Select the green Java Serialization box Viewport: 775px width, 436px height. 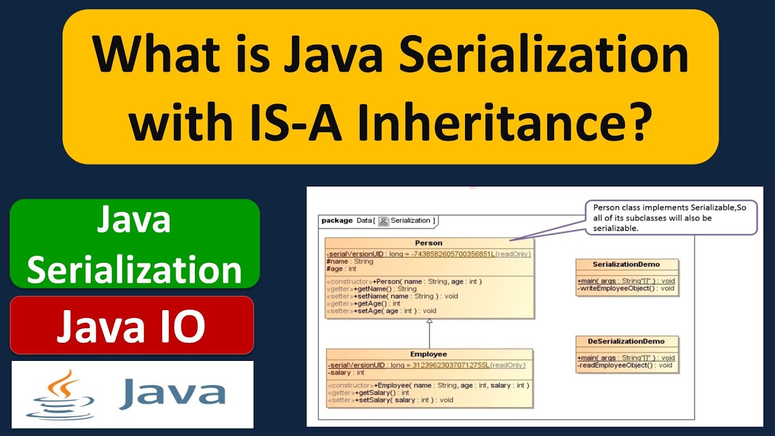[134, 244]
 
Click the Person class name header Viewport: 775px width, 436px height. [429, 243]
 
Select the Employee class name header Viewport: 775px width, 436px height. [429, 354]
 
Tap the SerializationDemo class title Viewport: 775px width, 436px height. [627, 265]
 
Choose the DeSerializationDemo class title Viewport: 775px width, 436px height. [626, 342]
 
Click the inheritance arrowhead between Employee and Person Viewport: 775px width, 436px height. [429, 322]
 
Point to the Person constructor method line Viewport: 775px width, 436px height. [404, 282]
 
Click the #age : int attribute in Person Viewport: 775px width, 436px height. [341, 269]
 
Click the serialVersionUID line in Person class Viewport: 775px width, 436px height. [429, 254]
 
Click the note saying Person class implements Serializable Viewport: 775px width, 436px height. [670, 217]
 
